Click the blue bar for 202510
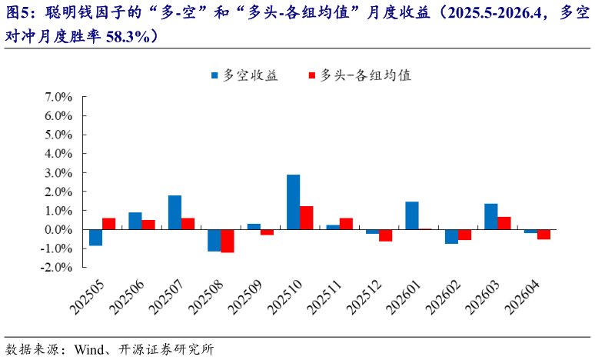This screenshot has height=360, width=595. [x=293, y=202]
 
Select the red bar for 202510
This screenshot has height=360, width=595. [x=306, y=218]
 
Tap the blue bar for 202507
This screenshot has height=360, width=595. [x=175, y=212]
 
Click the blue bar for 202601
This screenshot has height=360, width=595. [x=411, y=215]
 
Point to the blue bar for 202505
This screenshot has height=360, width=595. [x=95, y=238]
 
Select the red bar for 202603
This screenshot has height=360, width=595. [x=504, y=223]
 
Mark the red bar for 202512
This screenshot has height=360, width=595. [x=385, y=235]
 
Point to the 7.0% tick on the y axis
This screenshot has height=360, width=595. [x=58, y=97]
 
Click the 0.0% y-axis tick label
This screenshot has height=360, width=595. [x=58, y=229]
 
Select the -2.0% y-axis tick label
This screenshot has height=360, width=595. [x=56, y=268]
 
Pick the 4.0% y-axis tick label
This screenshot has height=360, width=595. [x=58, y=154]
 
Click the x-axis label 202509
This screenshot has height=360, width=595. [x=241, y=297]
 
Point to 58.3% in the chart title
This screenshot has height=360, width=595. [x=128, y=35]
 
